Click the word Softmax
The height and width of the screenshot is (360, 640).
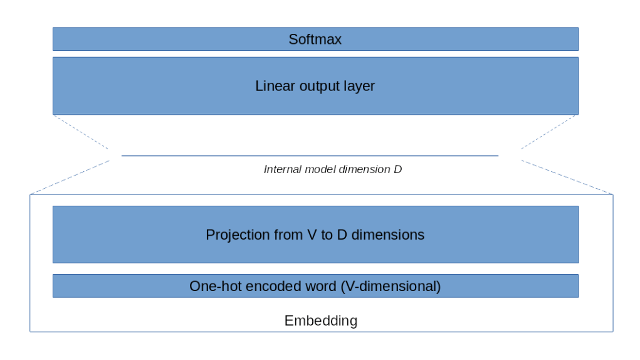[315, 40]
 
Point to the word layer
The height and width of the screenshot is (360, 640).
[359, 86]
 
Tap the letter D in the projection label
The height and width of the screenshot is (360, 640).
[339, 235]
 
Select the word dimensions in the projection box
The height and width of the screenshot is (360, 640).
[387, 235]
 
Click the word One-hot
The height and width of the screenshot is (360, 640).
[212, 287]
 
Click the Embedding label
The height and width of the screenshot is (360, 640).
[320, 321]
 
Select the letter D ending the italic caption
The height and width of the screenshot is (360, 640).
[397, 169]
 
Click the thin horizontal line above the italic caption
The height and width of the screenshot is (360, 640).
[310, 156]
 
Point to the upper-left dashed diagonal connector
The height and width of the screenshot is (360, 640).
[81, 132]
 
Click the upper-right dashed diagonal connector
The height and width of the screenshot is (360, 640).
[549, 132]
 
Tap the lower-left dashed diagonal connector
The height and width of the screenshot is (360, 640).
[70, 177]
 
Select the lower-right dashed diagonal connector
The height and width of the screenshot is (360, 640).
[567, 177]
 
